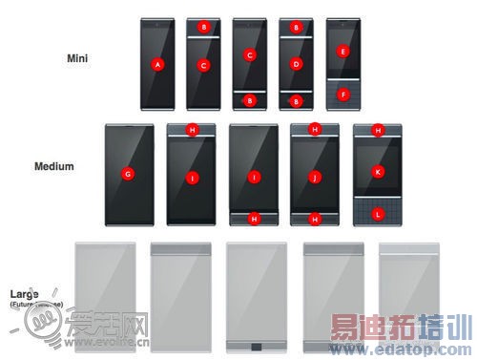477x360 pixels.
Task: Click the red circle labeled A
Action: [x=158, y=64]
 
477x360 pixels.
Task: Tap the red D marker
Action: [x=297, y=64]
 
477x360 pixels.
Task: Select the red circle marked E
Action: [x=343, y=50]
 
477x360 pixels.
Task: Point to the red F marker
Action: [x=343, y=95]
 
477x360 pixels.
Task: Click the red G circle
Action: [x=127, y=174]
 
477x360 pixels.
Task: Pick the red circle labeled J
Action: [x=316, y=176]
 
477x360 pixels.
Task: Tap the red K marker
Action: [x=378, y=172]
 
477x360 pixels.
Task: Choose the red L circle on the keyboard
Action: [x=378, y=216]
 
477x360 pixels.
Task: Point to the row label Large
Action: [x=25, y=294]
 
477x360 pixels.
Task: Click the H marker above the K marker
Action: [x=378, y=130]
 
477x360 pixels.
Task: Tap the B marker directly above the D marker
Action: [x=297, y=29]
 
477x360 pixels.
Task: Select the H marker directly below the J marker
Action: [x=316, y=219]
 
